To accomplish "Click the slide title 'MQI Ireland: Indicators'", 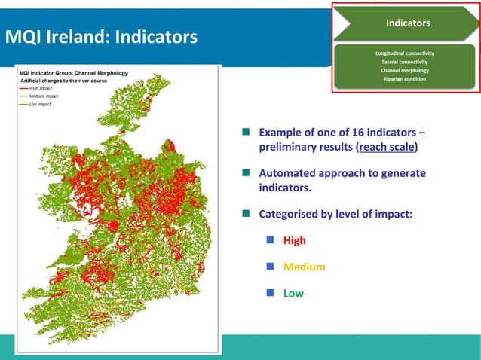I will coord(102,36).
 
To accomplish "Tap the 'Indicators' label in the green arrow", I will coord(408,23).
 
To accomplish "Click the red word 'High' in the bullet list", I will coord(294,241).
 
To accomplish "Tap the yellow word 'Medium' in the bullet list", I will coord(304,267).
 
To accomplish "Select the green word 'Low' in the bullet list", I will coord(293,293).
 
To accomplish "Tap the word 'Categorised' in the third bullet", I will coord(292,213).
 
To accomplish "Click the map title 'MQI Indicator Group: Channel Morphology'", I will coord(73,73).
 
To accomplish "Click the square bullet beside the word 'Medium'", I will coord(269,267).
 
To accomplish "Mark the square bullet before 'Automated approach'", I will coord(245,173).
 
